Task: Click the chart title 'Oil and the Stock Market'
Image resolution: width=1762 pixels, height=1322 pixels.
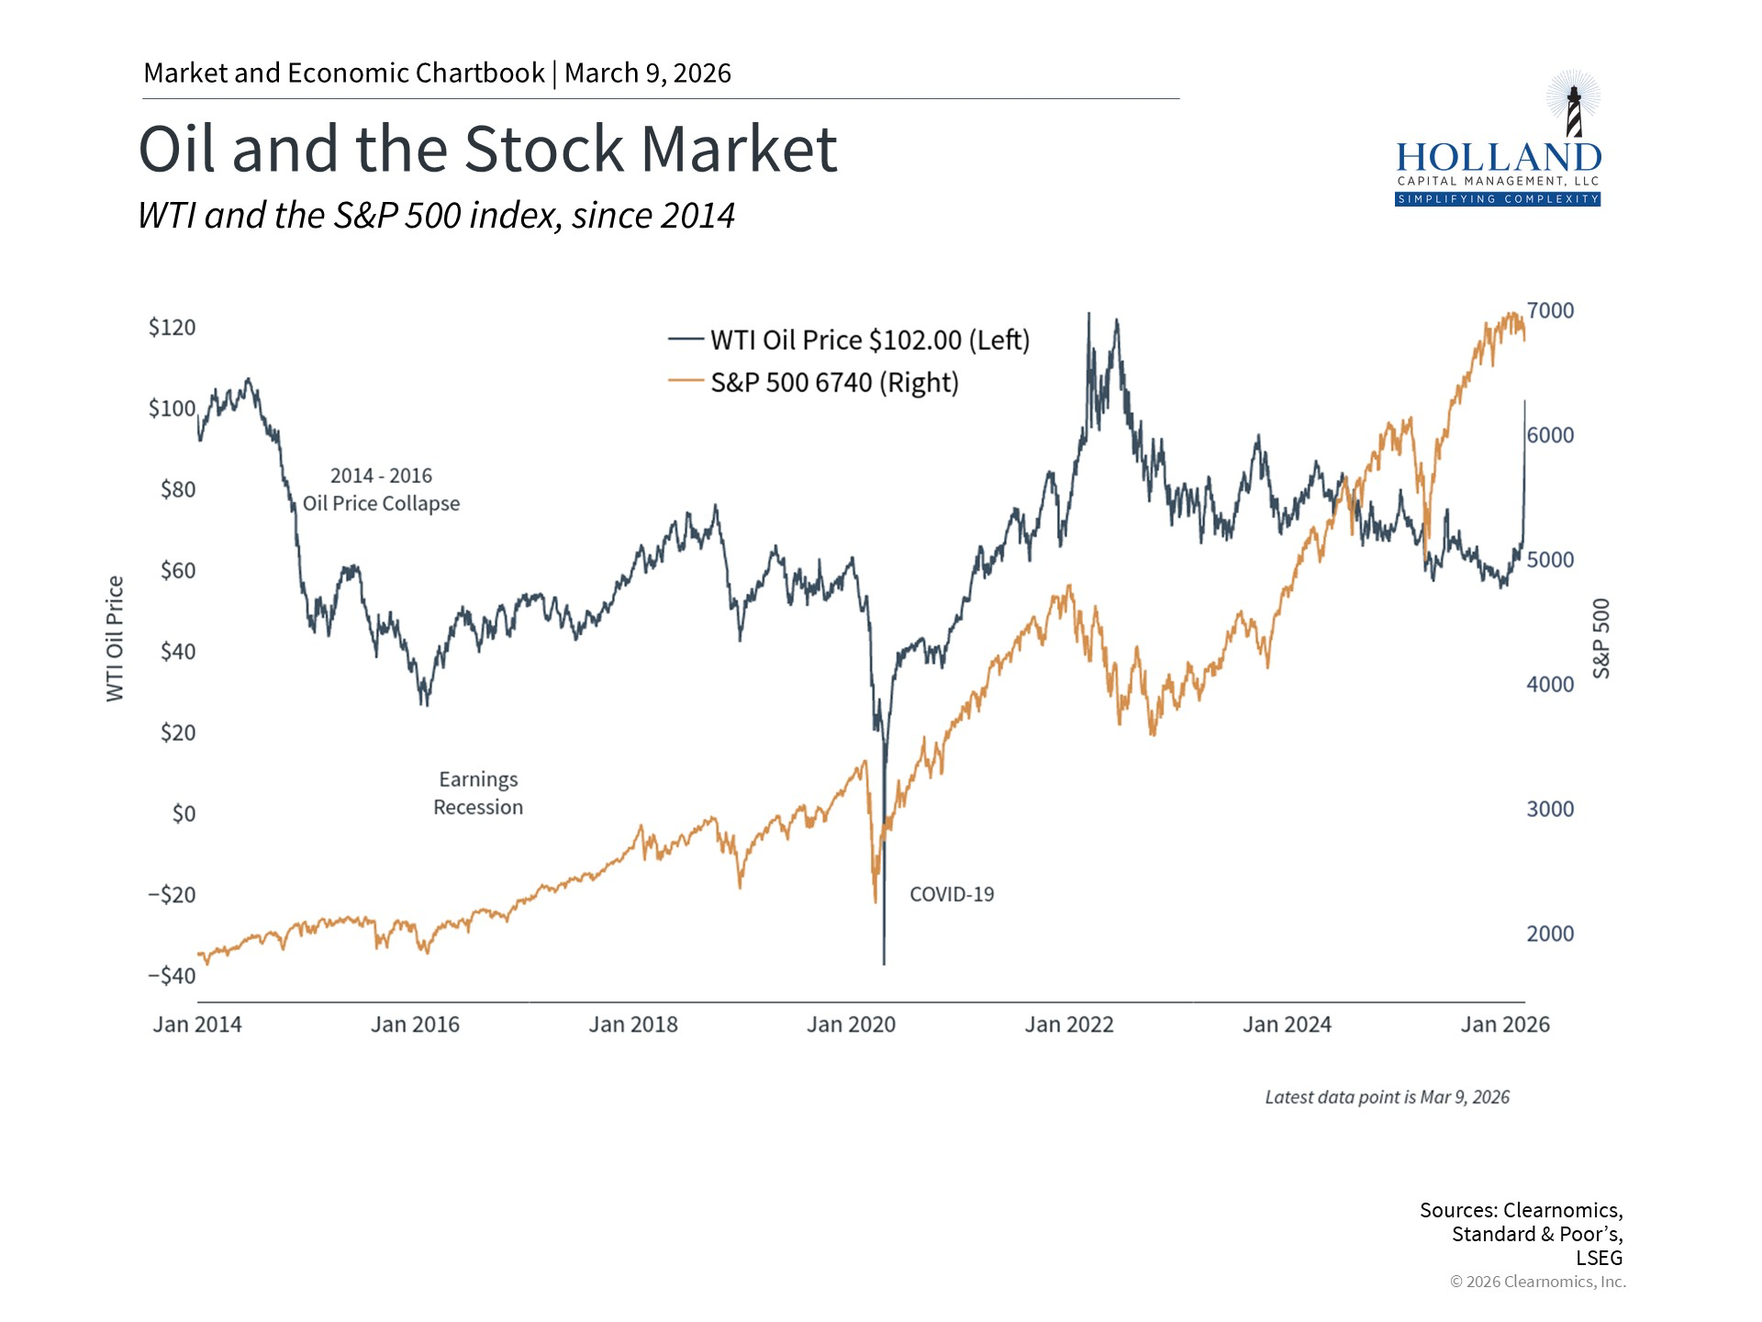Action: [x=487, y=149]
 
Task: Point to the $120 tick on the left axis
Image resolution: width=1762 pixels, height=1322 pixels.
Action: [x=173, y=328]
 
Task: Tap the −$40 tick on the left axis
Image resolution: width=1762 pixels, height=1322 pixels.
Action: [x=172, y=975]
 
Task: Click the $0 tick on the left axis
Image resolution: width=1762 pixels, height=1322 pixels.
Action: [x=184, y=813]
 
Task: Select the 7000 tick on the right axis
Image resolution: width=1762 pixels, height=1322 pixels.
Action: [x=1550, y=310]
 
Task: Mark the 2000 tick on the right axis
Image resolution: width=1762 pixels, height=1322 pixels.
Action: [x=1550, y=934]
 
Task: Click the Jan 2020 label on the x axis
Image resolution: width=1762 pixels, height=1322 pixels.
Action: [x=851, y=1025]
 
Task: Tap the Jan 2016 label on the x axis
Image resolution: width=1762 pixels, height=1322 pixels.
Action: [x=415, y=1025]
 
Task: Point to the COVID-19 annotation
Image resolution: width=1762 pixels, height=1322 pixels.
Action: [x=952, y=894]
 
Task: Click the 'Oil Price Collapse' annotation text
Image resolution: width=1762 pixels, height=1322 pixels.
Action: [x=381, y=503]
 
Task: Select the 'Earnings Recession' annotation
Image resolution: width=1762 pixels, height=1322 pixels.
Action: [x=478, y=793]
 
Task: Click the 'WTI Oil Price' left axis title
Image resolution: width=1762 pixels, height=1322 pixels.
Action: [x=115, y=639]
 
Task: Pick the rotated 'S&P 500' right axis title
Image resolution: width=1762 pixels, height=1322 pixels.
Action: [x=1601, y=639]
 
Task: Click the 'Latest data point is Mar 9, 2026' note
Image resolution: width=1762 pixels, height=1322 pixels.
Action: [x=1387, y=1097]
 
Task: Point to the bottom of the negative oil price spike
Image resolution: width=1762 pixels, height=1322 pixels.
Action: [x=884, y=963]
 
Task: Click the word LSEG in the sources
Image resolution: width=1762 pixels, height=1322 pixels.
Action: [x=1599, y=1258]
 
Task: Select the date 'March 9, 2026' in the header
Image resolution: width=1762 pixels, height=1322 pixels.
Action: [x=648, y=73]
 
